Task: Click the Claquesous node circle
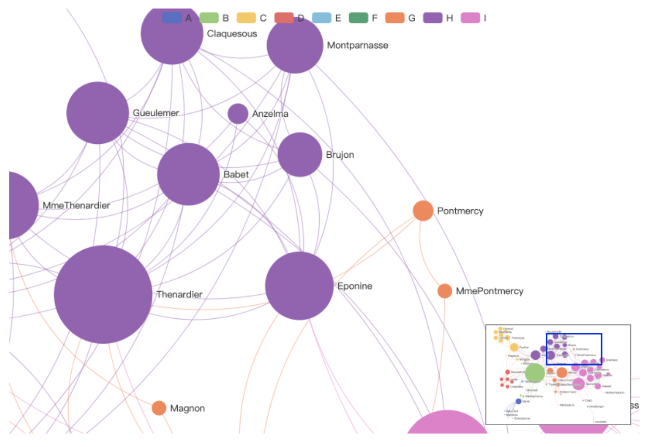tap(172, 34)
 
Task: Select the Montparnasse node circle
tap(295, 45)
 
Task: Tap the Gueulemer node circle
tap(98, 113)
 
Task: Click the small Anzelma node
tap(238, 114)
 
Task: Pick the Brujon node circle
tap(300, 155)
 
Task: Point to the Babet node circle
tap(188, 174)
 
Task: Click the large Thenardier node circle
tap(103, 294)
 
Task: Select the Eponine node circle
tap(299, 286)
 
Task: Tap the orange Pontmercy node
tap(423, 211)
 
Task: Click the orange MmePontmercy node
tap(444, 291)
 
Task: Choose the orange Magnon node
tap(159, 408)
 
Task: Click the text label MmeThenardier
tap(76, 206)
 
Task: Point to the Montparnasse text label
tap(358, 45)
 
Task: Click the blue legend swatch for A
tap(172, 18)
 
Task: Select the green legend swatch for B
tap(209, 18)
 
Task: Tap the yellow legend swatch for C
tap(246, 18)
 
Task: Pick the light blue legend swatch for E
tap(321, 18)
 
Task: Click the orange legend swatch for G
tap(395, 18)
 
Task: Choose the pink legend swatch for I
tap(470, 18)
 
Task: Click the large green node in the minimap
tap(534, 372)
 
